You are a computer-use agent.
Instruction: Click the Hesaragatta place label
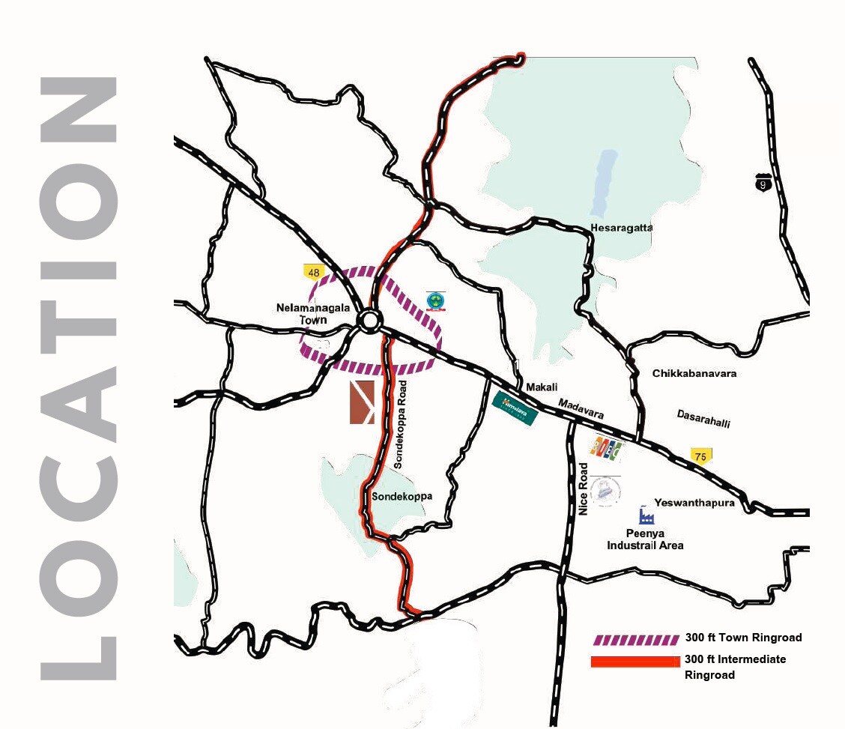(621, 227)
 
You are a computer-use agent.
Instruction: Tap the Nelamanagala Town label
(303, 313)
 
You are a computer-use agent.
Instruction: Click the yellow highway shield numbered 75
(701, 456)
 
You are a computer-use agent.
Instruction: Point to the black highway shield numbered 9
(763, 182)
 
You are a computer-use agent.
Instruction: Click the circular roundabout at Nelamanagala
(369, 321)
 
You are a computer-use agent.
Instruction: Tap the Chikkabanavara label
(694, 373)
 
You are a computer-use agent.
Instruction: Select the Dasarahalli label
(703, 418)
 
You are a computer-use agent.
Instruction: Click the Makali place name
(542, 387)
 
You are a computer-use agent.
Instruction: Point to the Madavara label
(581, 408)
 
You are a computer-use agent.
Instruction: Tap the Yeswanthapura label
(694, 503)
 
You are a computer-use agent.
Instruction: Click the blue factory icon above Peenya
(646, 515)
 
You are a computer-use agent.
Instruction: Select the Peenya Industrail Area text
(645, 539)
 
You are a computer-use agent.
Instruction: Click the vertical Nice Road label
(584, 488)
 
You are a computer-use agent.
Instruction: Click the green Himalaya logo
(515, 410)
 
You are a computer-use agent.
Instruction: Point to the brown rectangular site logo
(362, 402)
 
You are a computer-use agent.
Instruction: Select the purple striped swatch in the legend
(636, 640)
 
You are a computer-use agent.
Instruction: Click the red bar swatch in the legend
(636, 662)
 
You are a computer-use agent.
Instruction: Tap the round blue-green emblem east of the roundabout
(434, 300)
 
